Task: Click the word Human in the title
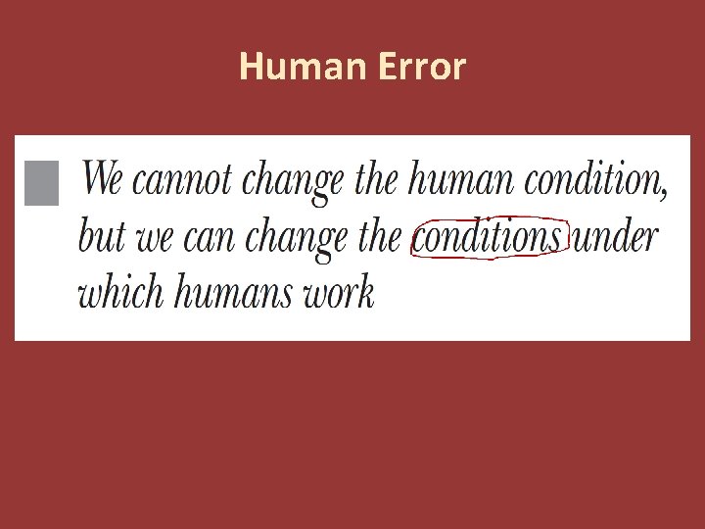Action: [x=285, y=68]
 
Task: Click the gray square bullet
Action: [x=41, y=183]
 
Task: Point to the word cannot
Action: [x=181, y=181]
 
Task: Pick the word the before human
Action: [x=376, y=180]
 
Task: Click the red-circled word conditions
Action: [x=488, y=238]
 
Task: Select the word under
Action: [x=615, y=238]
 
